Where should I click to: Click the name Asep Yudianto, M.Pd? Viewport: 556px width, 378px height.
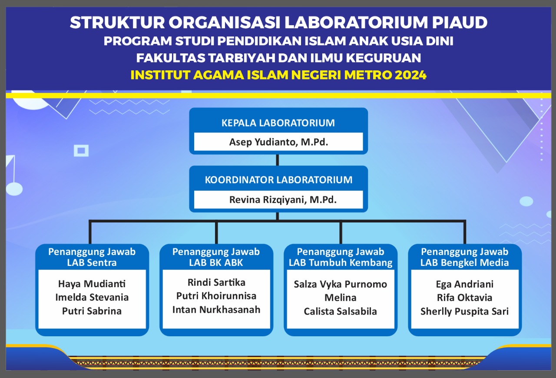(x=278, y=142)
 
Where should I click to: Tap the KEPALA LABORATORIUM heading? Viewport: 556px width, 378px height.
(x=278, y=123)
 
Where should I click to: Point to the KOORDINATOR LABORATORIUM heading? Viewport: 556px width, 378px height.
(x=278, y=180)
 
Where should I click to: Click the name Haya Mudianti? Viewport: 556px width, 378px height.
(x=92, y=284)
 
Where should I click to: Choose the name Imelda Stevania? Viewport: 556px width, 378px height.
(x=92, y=298)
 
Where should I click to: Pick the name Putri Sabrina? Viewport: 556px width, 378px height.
(x=92, y=311)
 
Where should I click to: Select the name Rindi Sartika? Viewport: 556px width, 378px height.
(x=216, y=282)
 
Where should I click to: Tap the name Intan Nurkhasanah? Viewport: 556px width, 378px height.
(x=216, y=310)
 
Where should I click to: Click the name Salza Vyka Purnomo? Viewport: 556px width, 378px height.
(x=341, y=284)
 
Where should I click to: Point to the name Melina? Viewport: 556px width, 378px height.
(x=341, y=298)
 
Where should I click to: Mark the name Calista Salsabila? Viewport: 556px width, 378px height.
(x=341, y=312)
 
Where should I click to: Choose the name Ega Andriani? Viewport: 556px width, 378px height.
(x=465, y=284)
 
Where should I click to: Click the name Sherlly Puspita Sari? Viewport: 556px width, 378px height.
(x=465, y=312)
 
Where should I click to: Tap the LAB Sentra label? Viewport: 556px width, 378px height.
(x=92, y=262)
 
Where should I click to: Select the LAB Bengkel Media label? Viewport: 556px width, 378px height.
(x=465, y=262)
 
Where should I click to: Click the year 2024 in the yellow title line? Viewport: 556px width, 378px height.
(x=410, y=75)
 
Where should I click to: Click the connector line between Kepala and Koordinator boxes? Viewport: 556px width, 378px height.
(x=278, y=160)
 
